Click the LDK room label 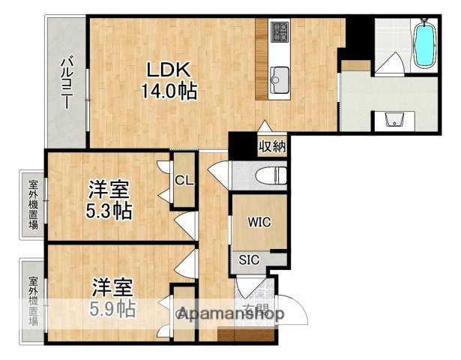pos(170,70)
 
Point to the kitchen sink pos(281,76)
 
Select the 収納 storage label pos(272,145)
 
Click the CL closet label pos(184,180)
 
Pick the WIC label pos(258,223)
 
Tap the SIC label pos(250,260)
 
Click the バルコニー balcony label pos(66,82)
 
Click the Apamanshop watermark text pos(229,315)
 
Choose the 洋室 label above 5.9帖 pos(113,286)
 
